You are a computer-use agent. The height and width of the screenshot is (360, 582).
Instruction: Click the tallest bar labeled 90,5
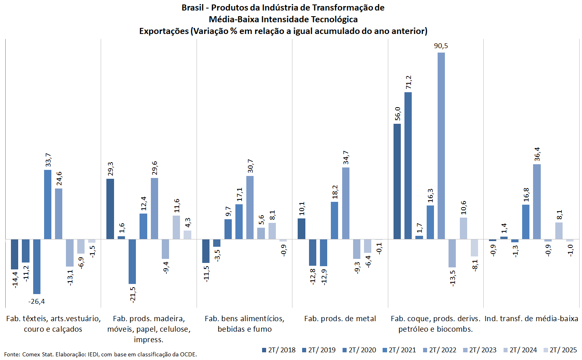441,146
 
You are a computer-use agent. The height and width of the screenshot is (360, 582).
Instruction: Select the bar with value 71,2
408,165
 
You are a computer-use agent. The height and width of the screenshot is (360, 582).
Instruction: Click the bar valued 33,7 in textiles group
48,204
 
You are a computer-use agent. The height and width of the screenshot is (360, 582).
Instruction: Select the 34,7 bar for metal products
346,203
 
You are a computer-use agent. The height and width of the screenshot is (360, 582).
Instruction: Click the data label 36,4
537,154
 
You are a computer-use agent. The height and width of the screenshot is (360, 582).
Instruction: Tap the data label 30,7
250,166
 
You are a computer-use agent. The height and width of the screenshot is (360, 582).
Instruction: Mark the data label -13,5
453,277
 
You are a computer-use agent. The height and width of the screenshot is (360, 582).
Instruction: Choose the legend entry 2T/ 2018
278,350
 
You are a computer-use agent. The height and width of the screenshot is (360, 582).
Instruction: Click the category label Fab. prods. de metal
340,319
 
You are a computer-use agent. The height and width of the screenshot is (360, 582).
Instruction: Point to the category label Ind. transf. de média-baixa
531,319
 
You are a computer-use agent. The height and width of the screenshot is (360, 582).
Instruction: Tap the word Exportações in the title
164,31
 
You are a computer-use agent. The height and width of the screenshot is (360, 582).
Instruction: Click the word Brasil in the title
193,8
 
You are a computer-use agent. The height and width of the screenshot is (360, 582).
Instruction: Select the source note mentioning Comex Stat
100,354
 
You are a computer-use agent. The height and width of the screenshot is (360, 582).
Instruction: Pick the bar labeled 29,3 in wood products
110,209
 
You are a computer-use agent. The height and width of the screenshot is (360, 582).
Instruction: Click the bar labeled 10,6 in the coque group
463,228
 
